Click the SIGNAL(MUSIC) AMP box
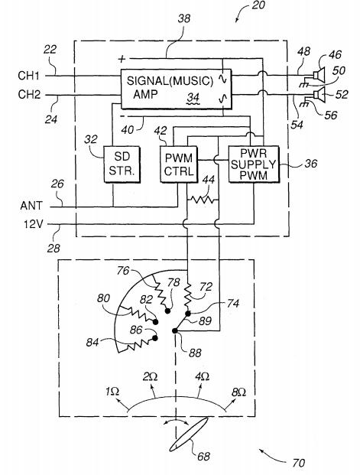(x=176, y=89)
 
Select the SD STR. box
(x=122, y=164)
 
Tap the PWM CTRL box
(x=179, y=164)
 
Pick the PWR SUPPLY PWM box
(x=254, y=164)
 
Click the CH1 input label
(x=29, y=76)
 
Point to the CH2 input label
(x=29, y=95)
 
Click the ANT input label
(x=31, y=206)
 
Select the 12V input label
(x=34, y=224)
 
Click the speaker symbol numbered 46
(x=319, y=73)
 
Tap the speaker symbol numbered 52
(x=319, y=94)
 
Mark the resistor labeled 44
(x=203, y=200)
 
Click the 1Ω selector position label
(x=112, y=392)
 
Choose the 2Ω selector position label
(x=150, y=376)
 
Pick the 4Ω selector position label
(x=203, y=376)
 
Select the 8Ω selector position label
(x=238, y=392)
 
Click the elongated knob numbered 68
(x=189, y=434)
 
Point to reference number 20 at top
(x=258, y=5)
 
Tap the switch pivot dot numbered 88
(x=175, y=330)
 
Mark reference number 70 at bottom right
(x=299, y=463)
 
